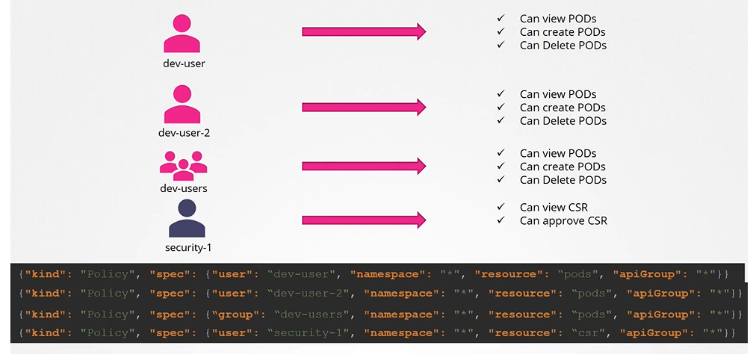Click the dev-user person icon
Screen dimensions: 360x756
point(183,34)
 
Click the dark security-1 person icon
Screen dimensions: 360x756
point(187,218)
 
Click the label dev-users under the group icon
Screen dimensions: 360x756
point(183,188)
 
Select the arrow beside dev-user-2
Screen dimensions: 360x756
point(364,107)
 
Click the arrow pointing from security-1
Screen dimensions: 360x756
point(364,220)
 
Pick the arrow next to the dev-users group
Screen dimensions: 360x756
point(364,166)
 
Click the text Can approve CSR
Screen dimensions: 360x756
point(563,220)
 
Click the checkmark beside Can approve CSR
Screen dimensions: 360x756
point(501,220)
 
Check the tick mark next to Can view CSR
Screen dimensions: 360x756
point(501,207)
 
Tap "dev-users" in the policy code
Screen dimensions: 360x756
point(306,314)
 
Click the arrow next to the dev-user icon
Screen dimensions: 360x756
point(364,31)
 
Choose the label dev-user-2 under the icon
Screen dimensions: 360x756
point(183,133)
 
